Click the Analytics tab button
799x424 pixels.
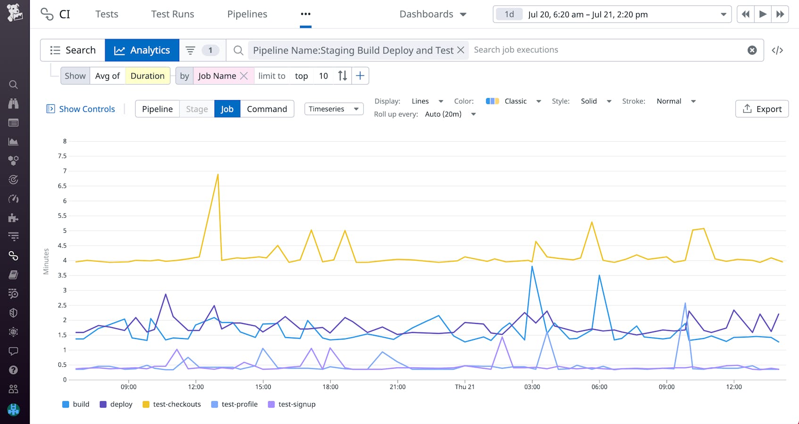pyautogui.click(x=142, y=50)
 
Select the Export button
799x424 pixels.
pyautogui.click(x=762, y=109)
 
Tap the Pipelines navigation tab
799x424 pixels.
pyautogui.click(x=247, y=14)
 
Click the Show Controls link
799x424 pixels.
pyautogui.click(x=81, y=109)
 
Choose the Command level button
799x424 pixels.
pyautogui.click(x=267, y=109)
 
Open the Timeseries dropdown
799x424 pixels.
pyautogui.click(x=333, y=109)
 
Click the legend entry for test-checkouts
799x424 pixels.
pyautogui.click(x=172, y=404)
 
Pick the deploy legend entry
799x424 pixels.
pyautogui.click(x=116, y=404)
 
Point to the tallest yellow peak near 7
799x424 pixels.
pyautogui.click(x=217, y=175)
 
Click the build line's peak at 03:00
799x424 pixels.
pyautogui.click(x=532, y=267)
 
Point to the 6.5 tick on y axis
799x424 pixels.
pyautogui.click(x=62, y=186)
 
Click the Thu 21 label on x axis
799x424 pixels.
pyautogui.click(x=465, y=387)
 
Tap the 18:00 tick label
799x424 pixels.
pyautogui.click(x=330, y=387)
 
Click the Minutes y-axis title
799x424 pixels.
pyautogui.click(x=46, y=261)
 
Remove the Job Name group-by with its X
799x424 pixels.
pyautogui.click(x=244, y=76)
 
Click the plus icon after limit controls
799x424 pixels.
pyautogui.click(x=360, y=76)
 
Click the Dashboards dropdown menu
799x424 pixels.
pyautogui.click(x=433, y=14)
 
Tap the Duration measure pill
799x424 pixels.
pyautogui.click(x=147, y=76)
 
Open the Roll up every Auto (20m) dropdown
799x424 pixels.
pyautogui.click(x=450, y=114)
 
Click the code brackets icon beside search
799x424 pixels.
pyautogui.click(x=777, y=50)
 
